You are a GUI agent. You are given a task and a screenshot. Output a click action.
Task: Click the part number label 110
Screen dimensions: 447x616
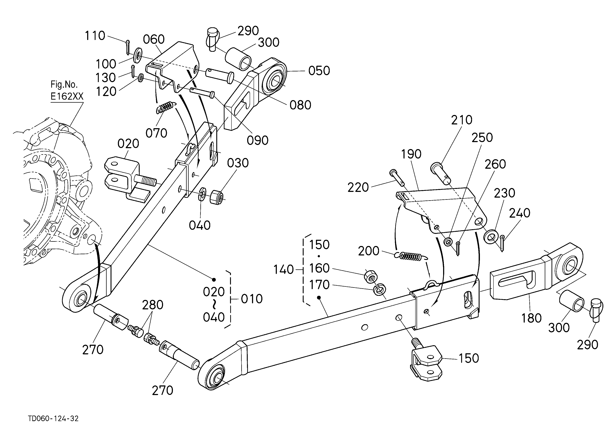pyautogui.click(x=95, y=36)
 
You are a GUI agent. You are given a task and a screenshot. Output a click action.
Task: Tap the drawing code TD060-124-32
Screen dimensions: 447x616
pyautogui.click(x=53, y=418)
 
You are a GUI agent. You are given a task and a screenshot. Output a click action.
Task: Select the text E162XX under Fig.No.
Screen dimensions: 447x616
pyautogui.click(x=67, y=96)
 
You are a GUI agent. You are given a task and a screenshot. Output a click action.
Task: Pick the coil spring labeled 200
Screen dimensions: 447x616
pyautogui.click(x=411, y=256)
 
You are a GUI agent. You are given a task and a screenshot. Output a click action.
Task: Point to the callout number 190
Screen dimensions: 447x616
pyautogui.click(x=411, y=154)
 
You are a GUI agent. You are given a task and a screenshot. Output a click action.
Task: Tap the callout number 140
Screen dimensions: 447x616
pyautogui.click(x=283, y=270)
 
